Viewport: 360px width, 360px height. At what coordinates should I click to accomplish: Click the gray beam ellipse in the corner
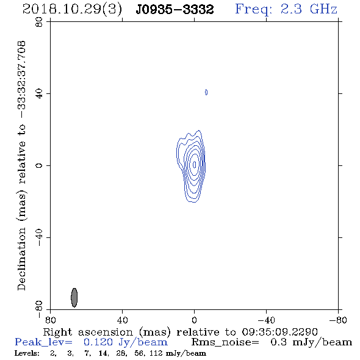(x=74, y=298)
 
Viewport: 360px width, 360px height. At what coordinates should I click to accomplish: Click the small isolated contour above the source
(x=206, y=92)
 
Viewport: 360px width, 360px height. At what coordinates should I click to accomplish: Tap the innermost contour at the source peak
(x=195, y=164)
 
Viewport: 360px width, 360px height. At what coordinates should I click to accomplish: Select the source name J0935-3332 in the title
(x=175, y=10)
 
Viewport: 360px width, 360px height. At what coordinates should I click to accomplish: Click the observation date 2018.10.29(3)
(x=72, y=10)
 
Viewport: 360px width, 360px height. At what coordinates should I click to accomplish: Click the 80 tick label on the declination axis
(x=39, y=22)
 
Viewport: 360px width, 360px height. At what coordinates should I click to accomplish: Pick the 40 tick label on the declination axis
(x=39, y=94)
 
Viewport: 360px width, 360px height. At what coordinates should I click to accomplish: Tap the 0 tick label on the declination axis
(x=39, y=165)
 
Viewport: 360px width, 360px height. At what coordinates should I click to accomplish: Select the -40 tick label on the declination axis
(x=39, y=237)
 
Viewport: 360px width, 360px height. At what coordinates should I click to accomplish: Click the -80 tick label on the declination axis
(x=39, y=309)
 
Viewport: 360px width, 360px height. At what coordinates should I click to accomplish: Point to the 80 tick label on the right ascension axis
(x=50, y=320)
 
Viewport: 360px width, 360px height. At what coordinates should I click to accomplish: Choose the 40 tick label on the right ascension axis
(x=123, y=320)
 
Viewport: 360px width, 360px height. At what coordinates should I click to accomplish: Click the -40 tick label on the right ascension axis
(x=266, y=320)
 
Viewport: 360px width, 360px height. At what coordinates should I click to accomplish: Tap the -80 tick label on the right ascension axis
(x=338, y=320)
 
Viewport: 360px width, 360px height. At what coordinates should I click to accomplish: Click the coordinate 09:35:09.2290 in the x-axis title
(x=280, y=332)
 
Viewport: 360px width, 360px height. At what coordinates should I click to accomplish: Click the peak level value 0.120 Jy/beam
(x=126, y=342)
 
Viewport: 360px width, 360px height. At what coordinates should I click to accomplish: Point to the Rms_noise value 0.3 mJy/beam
(x=311, y=342)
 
